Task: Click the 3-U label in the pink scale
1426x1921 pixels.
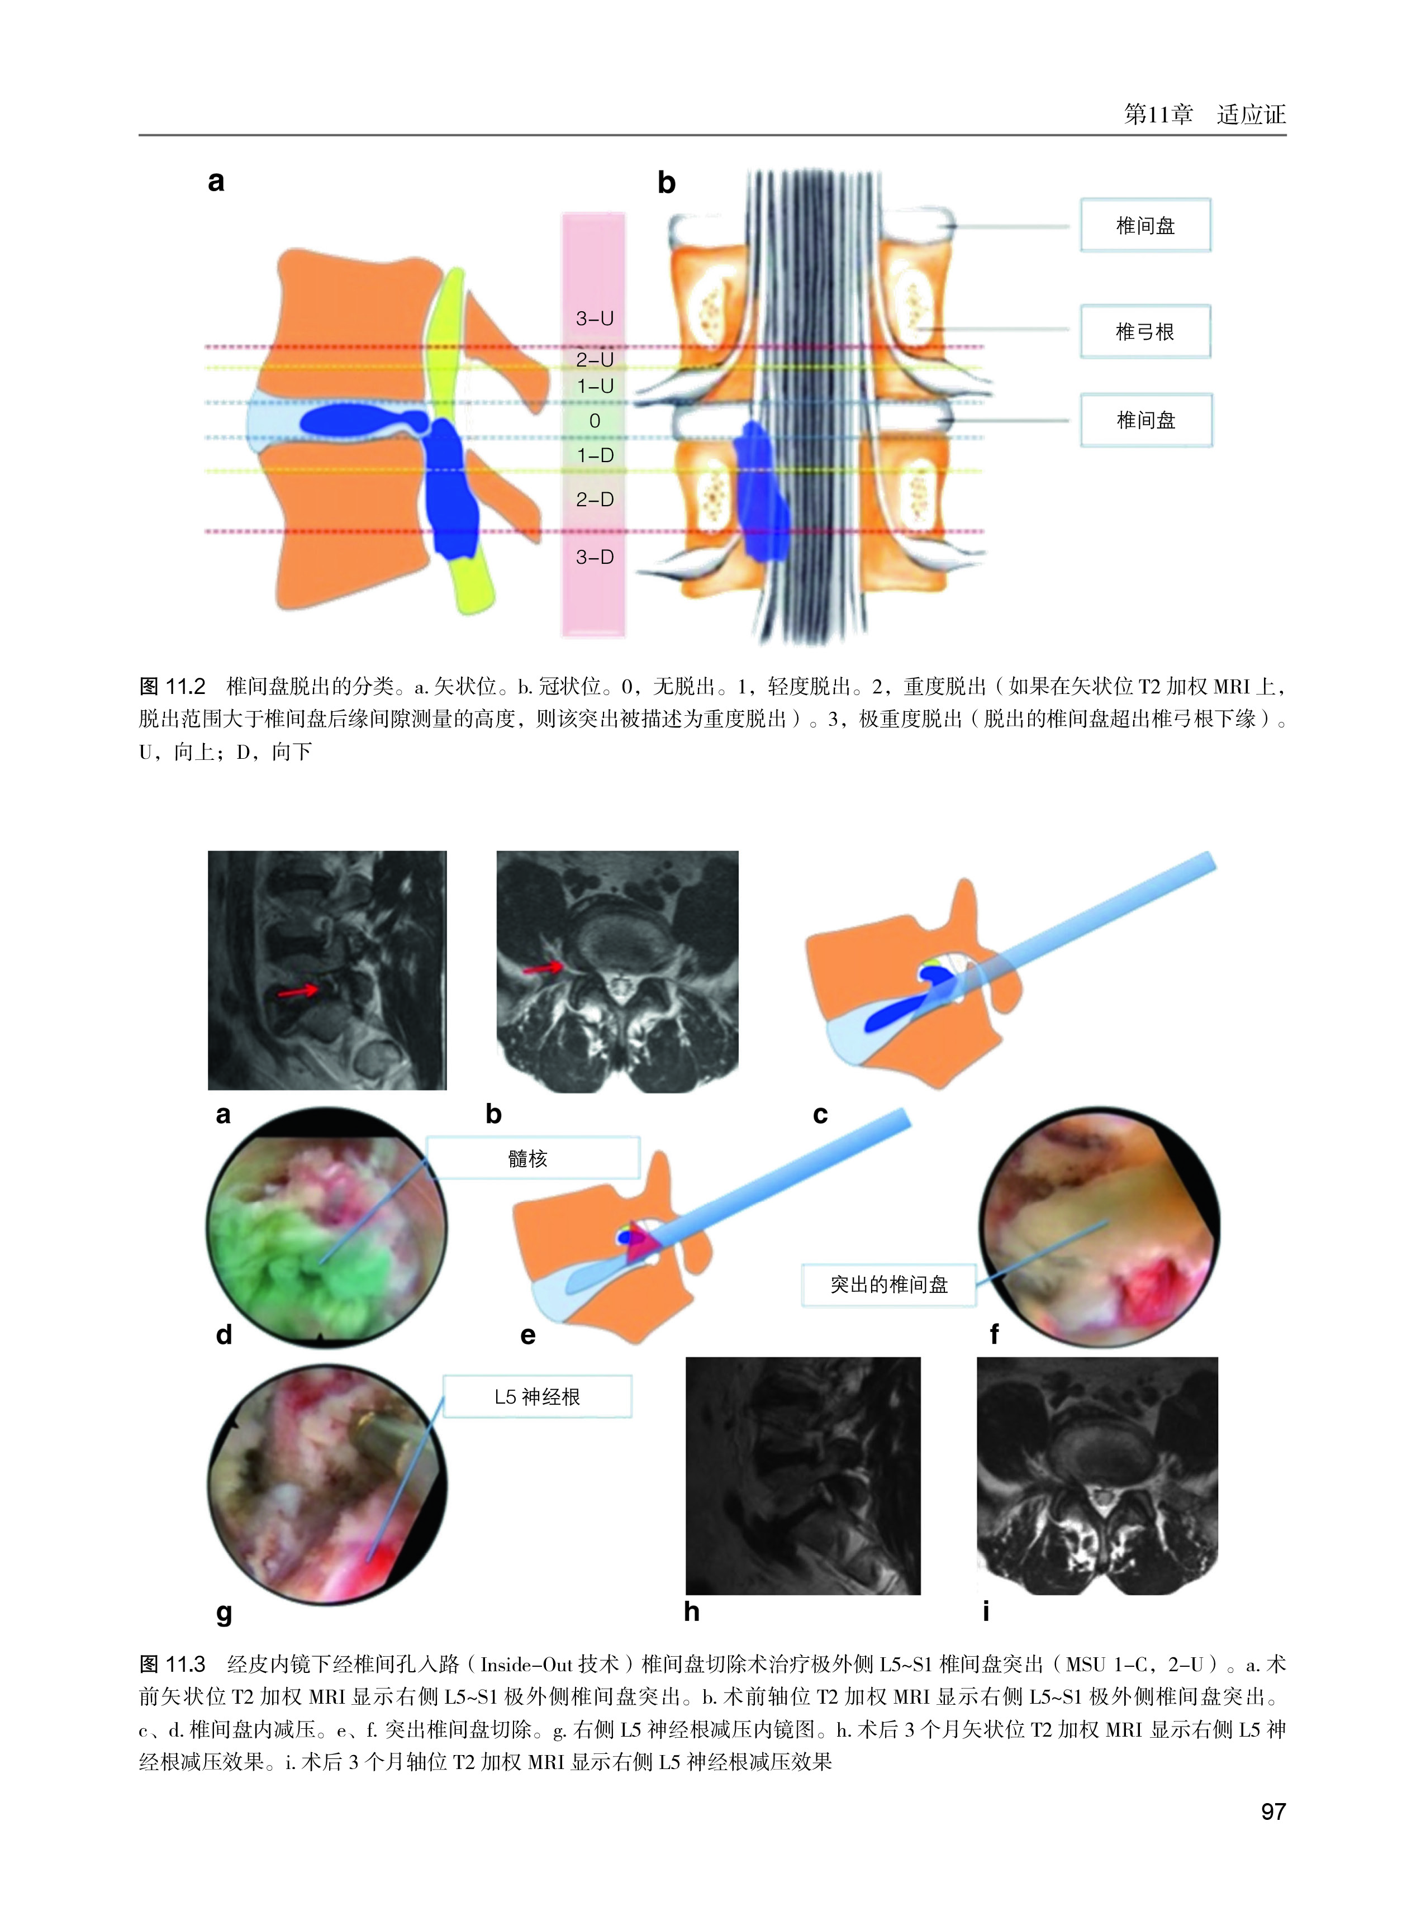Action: click(594, 318)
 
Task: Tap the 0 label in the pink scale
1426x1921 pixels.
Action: click(594, 421)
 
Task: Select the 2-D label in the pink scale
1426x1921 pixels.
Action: click(594, 500)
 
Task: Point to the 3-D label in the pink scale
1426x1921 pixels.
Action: click(594, 558)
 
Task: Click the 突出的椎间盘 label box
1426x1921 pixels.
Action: click(888, 1285)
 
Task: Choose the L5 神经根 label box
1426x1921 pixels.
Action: click(537, 1396)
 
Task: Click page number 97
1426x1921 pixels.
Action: click(1273, 1811)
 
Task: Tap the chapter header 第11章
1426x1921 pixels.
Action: click(1158, 114)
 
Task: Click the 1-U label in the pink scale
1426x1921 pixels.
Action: click(594, 387)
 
